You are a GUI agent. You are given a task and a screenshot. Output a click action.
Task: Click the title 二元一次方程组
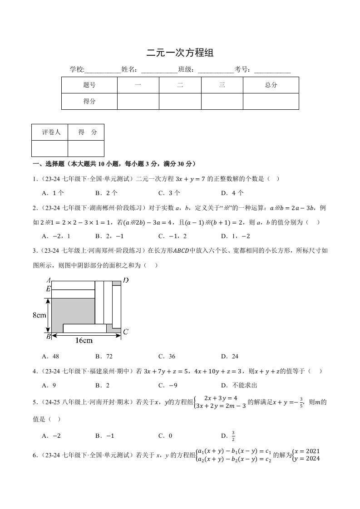(180, 53)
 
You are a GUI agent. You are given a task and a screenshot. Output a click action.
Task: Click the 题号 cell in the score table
(89, 85)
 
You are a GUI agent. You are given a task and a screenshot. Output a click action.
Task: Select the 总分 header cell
(271, 85)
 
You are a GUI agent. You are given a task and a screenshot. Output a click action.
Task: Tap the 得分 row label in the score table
(89, 102)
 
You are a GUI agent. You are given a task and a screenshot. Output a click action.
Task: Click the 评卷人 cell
(50, 132)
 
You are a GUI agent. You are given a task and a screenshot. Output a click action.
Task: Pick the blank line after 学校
(103, 70)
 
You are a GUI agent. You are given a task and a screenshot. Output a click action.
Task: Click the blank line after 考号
(272, 70)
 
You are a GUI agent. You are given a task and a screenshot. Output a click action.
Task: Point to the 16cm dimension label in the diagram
(86, 340)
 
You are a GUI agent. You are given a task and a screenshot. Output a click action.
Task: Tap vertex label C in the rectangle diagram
(126, 332)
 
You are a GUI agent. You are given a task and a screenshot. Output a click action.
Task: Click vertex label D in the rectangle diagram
(126, 280)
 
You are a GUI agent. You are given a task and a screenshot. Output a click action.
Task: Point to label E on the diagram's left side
(48, 289)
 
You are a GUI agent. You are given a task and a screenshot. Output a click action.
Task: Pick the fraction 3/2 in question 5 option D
(233, 436)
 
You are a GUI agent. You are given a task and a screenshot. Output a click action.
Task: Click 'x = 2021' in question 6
(306, 451)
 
